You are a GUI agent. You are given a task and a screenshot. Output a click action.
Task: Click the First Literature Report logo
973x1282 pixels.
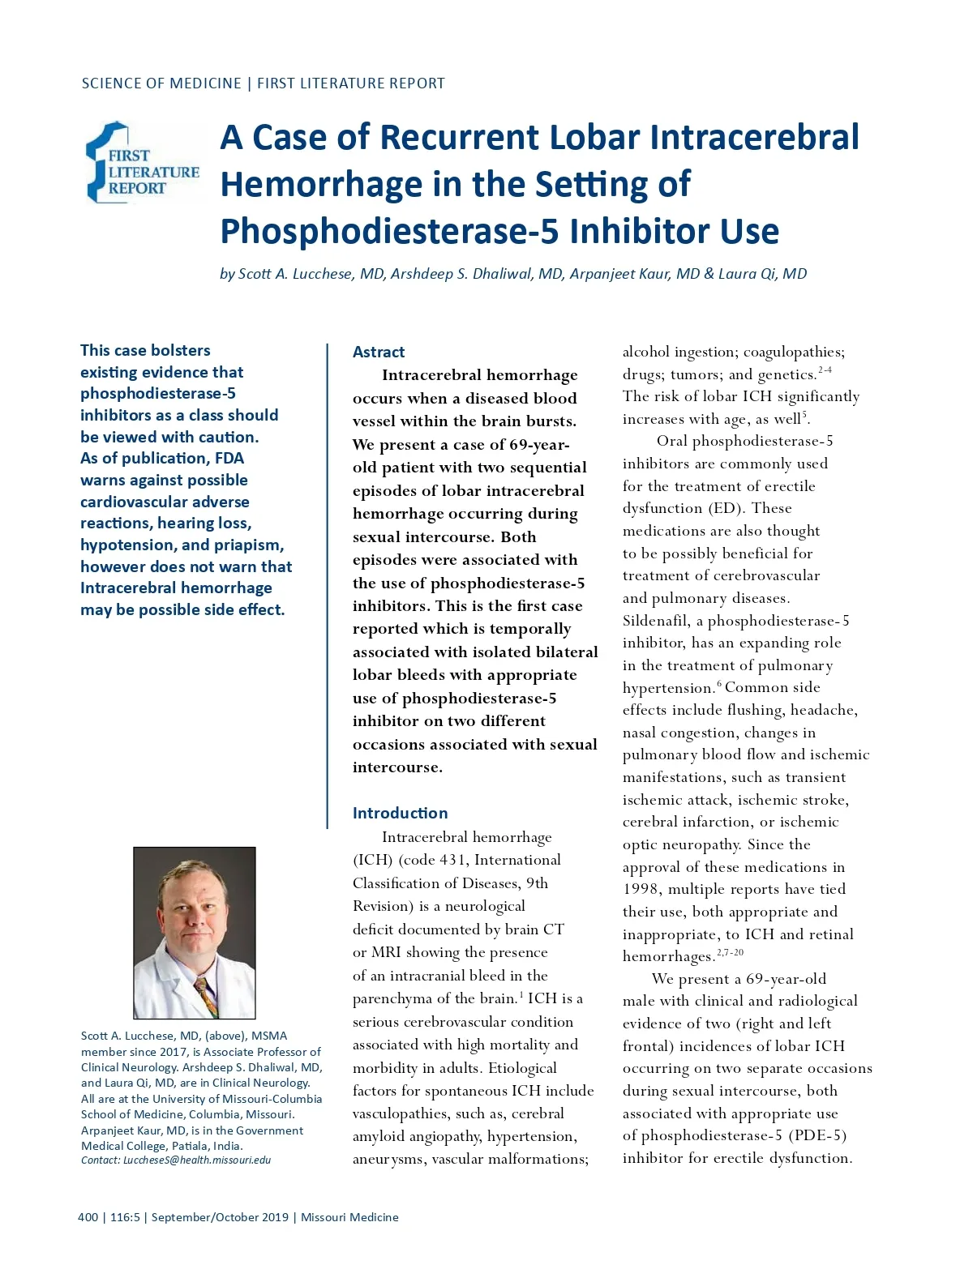tap(142, 163)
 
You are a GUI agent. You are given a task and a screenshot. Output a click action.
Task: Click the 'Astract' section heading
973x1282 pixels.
tap(378, 352)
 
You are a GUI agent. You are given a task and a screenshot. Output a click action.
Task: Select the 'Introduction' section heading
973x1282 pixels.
tap(400, 813)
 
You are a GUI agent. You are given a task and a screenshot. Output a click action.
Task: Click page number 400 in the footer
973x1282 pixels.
tap(88, 1217)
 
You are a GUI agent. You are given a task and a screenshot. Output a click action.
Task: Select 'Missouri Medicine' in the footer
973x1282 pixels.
tap(349, 1217)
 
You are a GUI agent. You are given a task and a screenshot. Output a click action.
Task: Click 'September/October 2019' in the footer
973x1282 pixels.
tap(220, 1217)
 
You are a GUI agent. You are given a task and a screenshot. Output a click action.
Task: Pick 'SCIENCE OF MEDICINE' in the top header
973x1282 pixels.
tap(161, 83)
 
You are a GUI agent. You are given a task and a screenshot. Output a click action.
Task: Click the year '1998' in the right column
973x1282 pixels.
tap(641, 889)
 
